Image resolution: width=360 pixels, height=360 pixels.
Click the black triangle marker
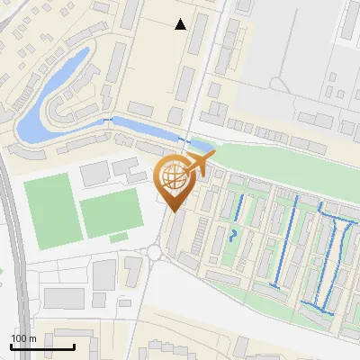[180, 24]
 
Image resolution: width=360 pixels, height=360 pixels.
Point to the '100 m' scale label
[23, 338]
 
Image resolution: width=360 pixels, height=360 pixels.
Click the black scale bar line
[42, 346]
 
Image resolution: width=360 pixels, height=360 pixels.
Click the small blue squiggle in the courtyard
[234, 235]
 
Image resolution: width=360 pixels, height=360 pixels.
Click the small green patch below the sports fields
[119, 238]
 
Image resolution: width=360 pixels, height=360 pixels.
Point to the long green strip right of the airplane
[279, 162]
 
